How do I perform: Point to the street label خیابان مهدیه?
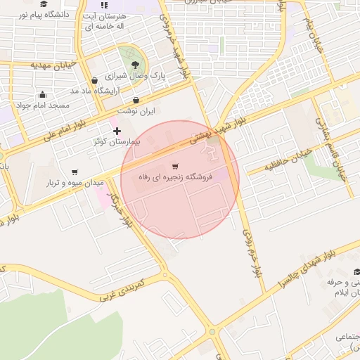coord(52,65)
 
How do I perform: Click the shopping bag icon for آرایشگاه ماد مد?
coord(94,81)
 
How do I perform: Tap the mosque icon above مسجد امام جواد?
coord(43,95)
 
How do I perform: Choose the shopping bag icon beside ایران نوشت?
coord(136,101)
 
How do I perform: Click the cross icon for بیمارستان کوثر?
coord(117,131)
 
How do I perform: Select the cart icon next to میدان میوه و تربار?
coord(75,172)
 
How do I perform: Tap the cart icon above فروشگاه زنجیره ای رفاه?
coord(175,167)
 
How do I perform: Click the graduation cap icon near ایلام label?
coord(356,272)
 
